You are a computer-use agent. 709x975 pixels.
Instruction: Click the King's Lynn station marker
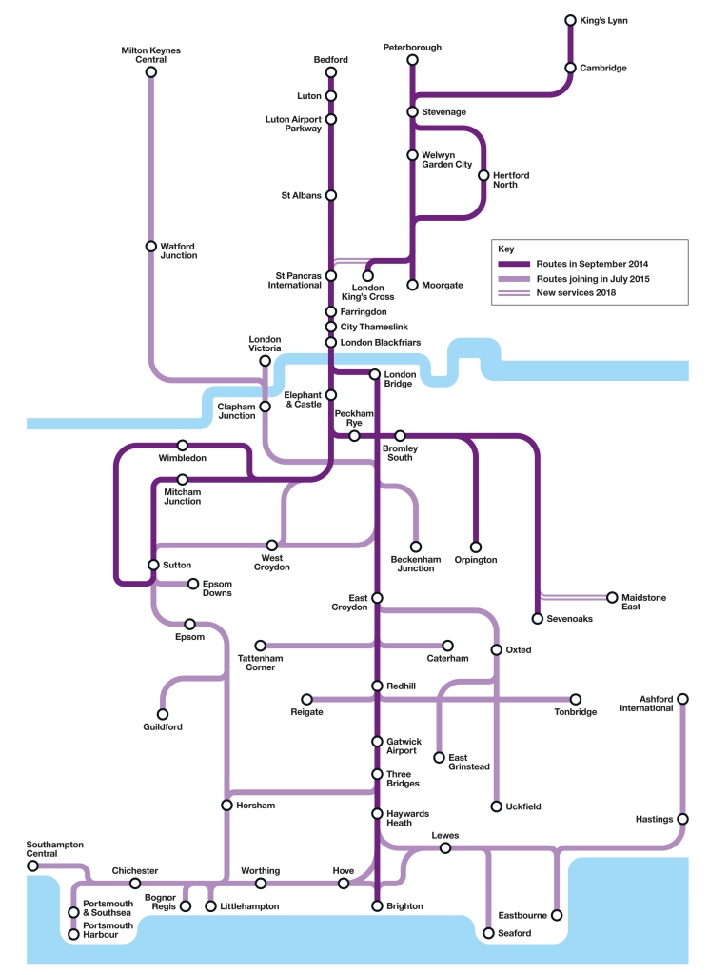570,20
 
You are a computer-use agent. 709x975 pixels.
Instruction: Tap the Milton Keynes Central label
150,54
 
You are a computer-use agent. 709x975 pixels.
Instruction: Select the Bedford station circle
331,72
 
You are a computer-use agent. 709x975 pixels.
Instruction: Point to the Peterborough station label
412,47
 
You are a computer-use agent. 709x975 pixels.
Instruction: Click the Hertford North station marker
483,175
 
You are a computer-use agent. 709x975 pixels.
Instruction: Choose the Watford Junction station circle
150,246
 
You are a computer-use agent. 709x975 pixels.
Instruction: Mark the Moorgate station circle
412,285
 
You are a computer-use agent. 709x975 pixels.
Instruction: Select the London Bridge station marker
375,374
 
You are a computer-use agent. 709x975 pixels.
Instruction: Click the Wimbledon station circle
183,445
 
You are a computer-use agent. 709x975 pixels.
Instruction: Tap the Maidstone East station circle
612,597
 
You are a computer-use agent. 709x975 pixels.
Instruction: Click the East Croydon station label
349,602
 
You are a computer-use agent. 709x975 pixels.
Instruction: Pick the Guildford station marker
163,714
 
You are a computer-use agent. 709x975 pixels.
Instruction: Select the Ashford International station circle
682,698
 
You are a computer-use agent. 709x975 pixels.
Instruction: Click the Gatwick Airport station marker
377,742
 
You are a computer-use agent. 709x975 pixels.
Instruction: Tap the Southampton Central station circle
33,866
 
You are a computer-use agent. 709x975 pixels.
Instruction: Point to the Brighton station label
404,906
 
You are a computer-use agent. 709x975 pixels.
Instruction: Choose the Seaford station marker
488,934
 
